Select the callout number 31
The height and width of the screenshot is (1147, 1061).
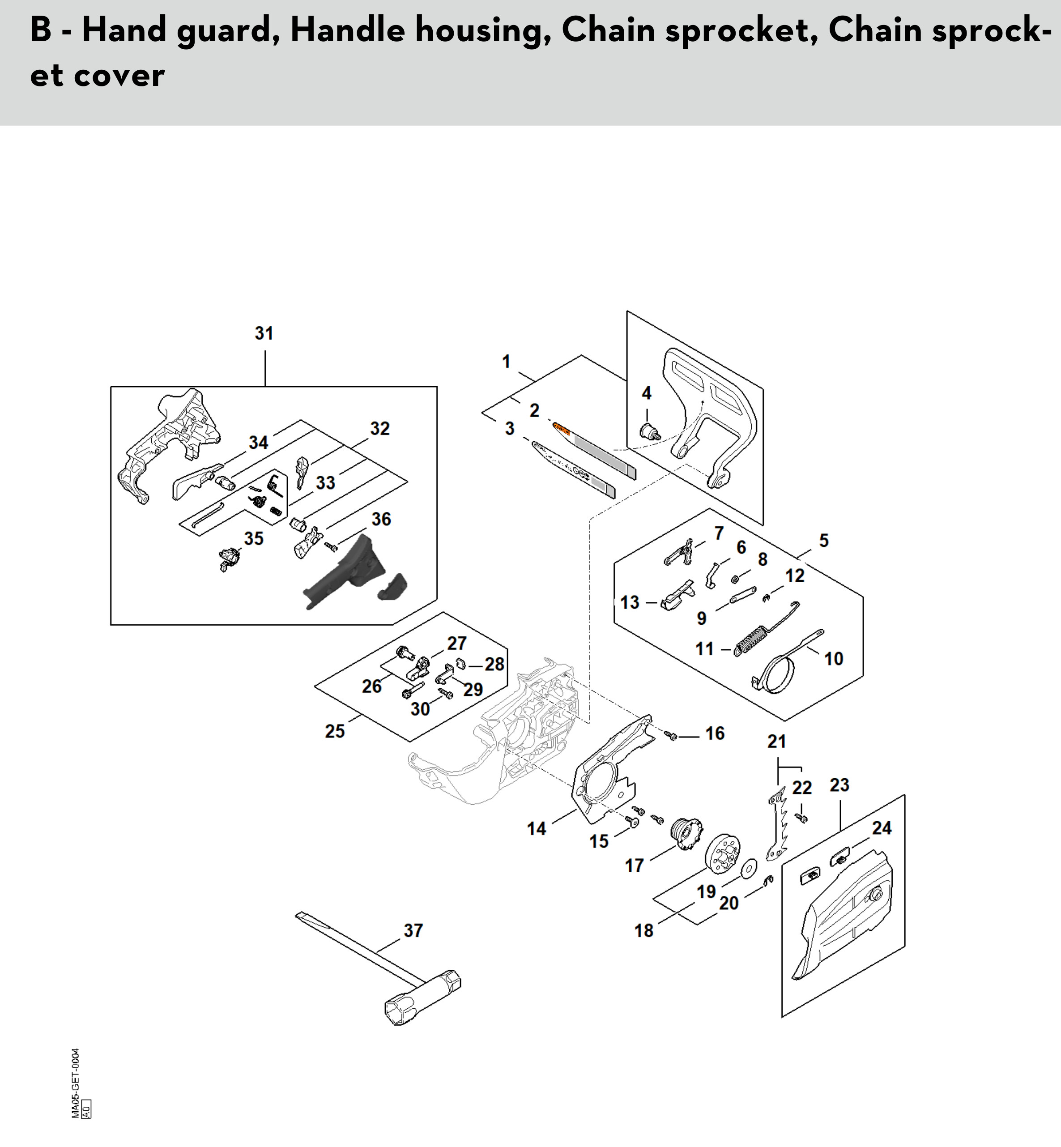coord(264,333)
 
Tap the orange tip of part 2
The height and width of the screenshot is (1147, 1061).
coord(561,428)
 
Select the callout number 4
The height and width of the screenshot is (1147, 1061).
coord(647,393)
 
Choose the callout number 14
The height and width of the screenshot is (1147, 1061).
coord(536,828)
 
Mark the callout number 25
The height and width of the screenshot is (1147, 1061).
coord(335,731)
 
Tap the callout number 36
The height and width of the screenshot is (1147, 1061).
coord(381,520)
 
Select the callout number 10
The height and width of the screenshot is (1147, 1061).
coord(834,658)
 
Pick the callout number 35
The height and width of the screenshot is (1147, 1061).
coord(254,538)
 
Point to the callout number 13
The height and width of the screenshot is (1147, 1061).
coord(630,602)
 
